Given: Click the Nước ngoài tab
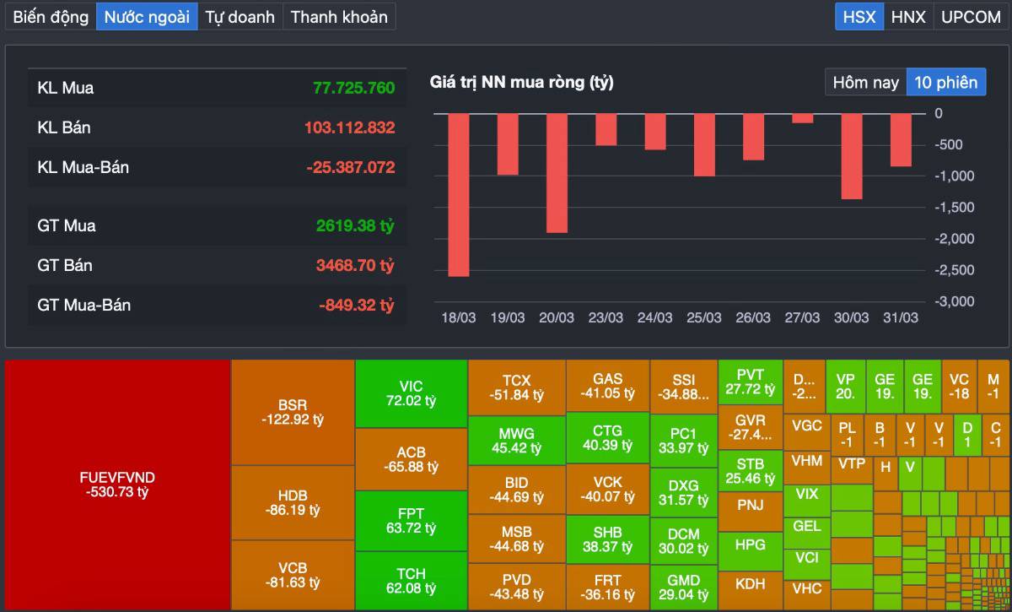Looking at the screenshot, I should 147,17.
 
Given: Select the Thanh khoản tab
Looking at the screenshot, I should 339,17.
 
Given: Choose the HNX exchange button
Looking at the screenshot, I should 908,17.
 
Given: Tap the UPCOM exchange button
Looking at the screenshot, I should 971,17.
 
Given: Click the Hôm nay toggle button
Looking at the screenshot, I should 865,83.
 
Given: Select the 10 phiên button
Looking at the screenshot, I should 945,83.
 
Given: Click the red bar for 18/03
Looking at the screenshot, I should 458,194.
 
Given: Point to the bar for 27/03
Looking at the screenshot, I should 803,118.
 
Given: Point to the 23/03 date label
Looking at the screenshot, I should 606,317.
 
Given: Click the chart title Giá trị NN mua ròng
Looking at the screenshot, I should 521,83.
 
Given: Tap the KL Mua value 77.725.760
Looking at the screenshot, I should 353,88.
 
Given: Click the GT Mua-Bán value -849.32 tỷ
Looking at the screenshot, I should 357,305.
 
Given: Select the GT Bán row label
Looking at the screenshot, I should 65,265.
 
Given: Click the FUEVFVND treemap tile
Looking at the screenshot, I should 117,485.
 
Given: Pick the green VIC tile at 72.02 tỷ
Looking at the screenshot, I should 411,393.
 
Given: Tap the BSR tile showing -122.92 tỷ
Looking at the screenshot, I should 293,412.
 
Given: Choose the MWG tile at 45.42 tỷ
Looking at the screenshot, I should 516,441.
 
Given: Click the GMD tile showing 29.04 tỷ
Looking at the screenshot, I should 683,588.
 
